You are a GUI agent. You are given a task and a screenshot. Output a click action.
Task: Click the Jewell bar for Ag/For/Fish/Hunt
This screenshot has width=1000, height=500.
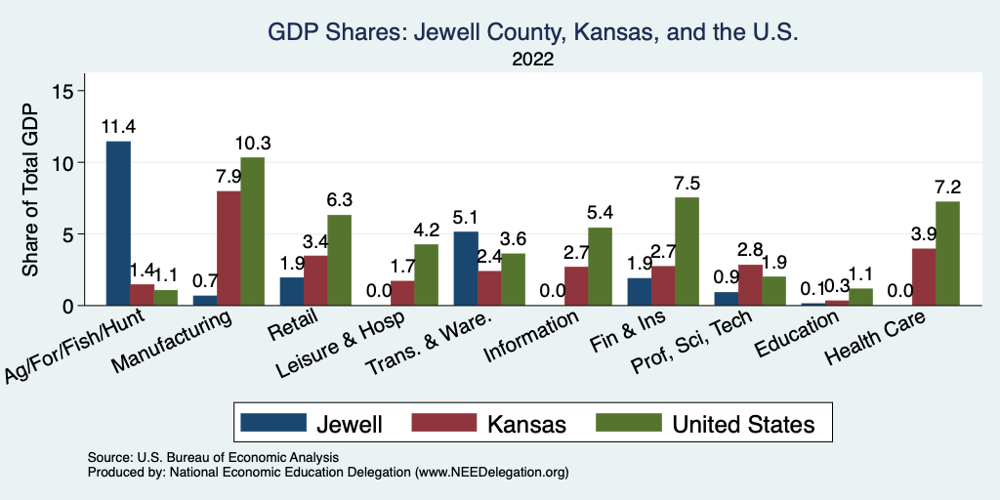(118, 224)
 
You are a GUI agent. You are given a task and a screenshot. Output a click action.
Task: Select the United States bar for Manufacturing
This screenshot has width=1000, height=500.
(253, 231)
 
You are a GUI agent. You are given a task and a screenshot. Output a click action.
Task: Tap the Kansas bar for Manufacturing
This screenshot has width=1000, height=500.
(229, 248)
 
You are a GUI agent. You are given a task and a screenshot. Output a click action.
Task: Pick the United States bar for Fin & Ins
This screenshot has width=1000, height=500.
(687, 252)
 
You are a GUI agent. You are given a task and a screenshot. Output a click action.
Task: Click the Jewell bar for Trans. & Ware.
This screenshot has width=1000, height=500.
(466, 269)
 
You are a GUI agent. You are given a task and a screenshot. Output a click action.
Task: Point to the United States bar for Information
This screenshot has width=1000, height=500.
(601, 267)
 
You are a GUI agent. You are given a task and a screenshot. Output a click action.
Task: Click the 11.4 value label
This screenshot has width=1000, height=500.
(118, 126)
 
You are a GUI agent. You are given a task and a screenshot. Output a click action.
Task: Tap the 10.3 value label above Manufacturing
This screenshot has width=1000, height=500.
(253, 143)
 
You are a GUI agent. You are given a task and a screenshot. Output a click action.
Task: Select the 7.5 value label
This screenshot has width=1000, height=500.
(687, 183)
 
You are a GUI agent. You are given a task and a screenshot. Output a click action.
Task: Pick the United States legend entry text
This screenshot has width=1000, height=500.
(742, 424)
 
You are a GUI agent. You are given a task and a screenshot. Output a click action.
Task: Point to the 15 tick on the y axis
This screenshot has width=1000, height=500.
(63, 91)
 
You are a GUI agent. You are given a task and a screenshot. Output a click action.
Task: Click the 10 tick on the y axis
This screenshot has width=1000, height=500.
(63, 162)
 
